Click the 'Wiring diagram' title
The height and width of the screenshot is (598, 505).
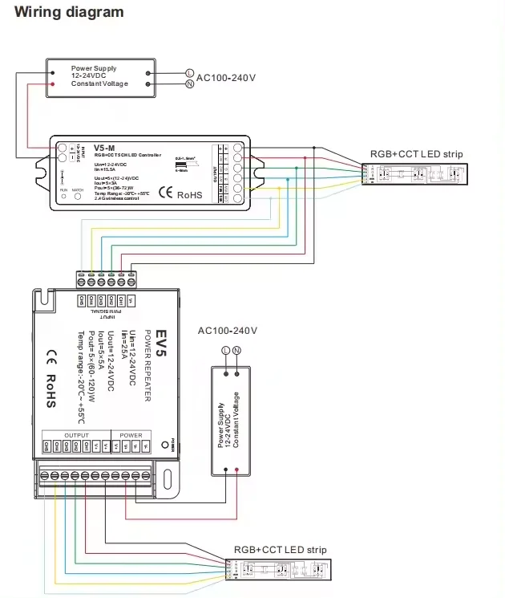[x=71, y=12]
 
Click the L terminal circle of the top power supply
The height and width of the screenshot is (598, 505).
[x=190, y=71]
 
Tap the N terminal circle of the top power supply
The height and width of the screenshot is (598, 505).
[x=190, y=83]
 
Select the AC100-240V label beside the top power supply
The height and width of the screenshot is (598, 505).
[x=226, y=78]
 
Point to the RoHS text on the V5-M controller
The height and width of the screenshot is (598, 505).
[x=190, y=193]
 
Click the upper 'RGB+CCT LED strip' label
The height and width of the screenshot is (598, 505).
[x=416, y=154]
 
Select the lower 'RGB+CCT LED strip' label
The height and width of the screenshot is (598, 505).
[x=281, y=550]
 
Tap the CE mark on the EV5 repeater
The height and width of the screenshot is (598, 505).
[x=50, y=355]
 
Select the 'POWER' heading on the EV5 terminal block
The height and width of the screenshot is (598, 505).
[x=131, y=435]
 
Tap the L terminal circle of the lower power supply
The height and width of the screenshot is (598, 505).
[x=225, y=351]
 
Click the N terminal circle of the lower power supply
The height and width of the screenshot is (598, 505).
[x=237, y=351]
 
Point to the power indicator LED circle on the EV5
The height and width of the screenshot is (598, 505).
[x=166, y=443]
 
